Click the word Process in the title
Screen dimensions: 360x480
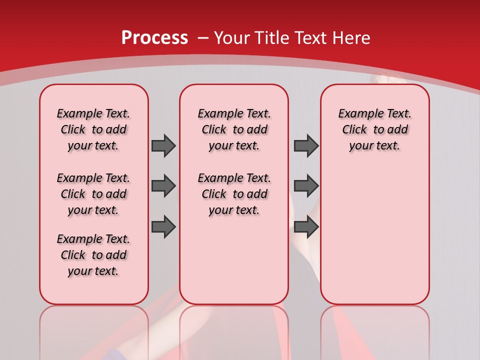[x=154, y=38]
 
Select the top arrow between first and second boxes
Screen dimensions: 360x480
[x=163, y=146]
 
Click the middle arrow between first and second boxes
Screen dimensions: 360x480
[x=163, y=186]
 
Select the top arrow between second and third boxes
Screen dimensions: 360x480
[x=306, y=146]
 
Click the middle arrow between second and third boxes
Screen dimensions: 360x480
[x=306, y=186]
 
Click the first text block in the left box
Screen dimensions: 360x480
[x=93, y=129]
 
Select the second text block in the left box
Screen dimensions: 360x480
[x=93, y=194]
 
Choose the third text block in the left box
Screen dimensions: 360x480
[x=93, y=255]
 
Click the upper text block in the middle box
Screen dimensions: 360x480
[x=234, y=129]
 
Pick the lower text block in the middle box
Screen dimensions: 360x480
[x=234, y=194]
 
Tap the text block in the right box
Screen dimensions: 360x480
[x=374, y=129]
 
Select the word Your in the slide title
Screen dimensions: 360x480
[x=232, y=38]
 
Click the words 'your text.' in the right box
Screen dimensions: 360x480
[x=374, y=146]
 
